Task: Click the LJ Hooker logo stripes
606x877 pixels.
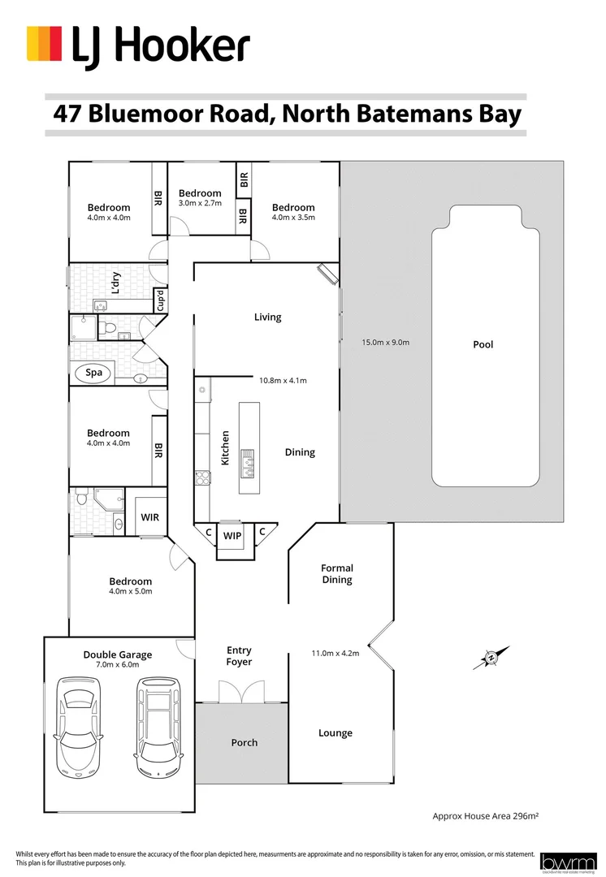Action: point(45,43)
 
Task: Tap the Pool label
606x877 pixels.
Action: point(483,344)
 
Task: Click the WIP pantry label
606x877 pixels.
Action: point(232,536)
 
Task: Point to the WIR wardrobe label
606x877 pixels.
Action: point(150,516)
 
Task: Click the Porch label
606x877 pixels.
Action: point(245,742)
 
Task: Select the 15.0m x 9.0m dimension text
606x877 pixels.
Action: point(385,343)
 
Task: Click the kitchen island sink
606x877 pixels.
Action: point(248,461)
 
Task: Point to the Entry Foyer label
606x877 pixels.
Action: point(239,656)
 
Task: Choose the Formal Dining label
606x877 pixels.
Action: point(337,574)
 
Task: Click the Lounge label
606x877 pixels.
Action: point(335,732)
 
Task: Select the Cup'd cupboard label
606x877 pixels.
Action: point(160,300)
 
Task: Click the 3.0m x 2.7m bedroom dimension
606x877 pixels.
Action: point(200,203)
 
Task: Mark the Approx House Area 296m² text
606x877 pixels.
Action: point(485,814)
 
